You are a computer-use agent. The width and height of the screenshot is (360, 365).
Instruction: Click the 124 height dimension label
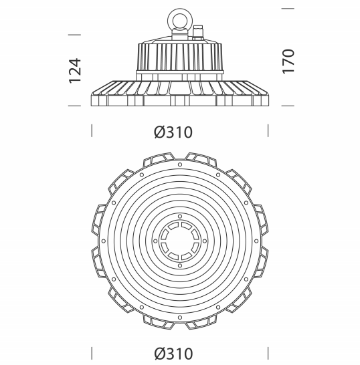pyautogui.click(x=75, y=71)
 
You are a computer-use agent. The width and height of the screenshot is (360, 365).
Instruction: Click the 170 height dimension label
pyautogui.click(x=288, y=62)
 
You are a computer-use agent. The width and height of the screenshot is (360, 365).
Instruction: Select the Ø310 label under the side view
pyautogui.click(x=173, y=132)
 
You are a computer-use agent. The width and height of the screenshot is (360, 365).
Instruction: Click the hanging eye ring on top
pyautogui.click(x=179, y=20)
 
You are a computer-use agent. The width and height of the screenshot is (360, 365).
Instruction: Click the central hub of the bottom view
pyautogui.click(x=179, y=241)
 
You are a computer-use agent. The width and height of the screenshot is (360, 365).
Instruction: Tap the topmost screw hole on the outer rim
pyautogui.click(x=179, y=164)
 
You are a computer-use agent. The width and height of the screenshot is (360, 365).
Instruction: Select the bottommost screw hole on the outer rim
pyautogui.click(x=179, y=318)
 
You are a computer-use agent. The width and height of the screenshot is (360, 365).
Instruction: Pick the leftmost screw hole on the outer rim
pyautogui.click(x=104, y=241)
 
